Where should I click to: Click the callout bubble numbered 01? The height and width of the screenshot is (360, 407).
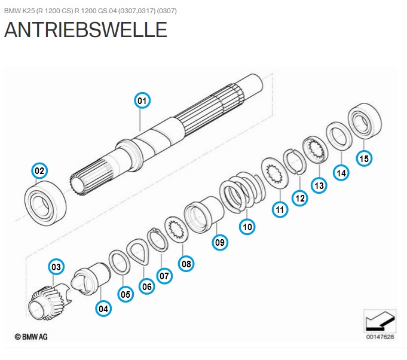tap(142, 100)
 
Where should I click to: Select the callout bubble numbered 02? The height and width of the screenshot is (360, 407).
tap(39, 170)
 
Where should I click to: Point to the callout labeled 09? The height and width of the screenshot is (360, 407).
tap(221, 242)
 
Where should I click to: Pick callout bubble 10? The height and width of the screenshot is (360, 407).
tap(247, 227)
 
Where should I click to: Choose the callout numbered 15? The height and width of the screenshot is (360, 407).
tap(363, 158)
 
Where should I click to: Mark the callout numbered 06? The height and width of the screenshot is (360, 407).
tap(147, 286)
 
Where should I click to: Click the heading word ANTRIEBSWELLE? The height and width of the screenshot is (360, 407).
tap(85, 30)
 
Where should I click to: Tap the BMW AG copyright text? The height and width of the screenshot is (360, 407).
tap(31, 337)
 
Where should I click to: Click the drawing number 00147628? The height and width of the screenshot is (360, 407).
tap(380, 337)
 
